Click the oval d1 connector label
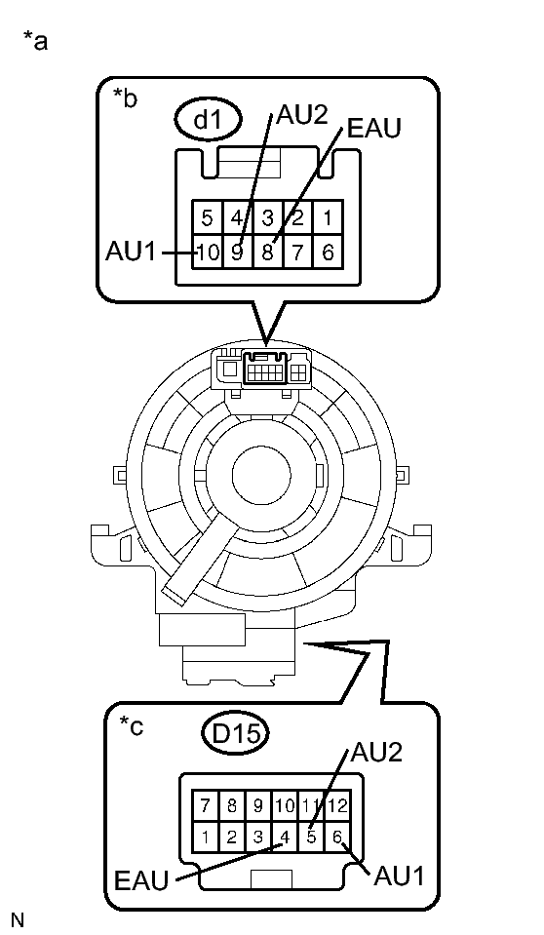(x=209, y=121)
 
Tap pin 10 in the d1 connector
(x=207, y=253)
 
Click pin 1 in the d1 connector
(x=329, y=217)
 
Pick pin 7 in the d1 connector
(x=297, y=253)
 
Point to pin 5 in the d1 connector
(x=207, y=217)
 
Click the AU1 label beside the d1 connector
(x=130, y=252)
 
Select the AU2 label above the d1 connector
(x=302, y=115)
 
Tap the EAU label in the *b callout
(x=374, y=128)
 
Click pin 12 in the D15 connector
(x=337, y=805)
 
